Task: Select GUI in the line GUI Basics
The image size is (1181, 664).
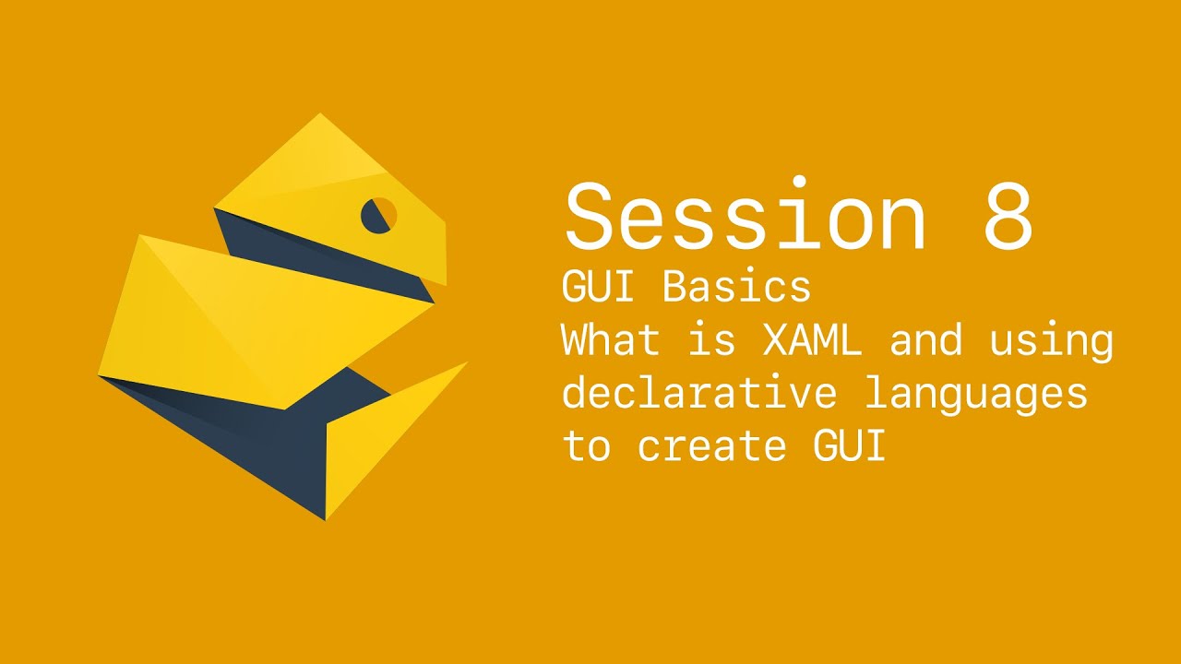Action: click(598, 288)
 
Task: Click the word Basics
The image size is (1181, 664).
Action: click(736, 288)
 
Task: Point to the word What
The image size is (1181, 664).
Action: click(611, 341)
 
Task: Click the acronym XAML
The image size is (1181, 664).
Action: click(812, 341)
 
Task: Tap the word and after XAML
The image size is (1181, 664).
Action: click(925, 341)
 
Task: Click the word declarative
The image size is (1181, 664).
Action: click(699, 394)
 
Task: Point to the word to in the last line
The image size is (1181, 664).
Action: click(586, 447)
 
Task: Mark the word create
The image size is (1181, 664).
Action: click(711, 447)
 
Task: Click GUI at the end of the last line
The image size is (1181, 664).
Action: click(849, 446)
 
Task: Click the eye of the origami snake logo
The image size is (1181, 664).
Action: click(379, 215)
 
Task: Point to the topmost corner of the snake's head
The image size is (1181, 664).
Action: click(321, 115)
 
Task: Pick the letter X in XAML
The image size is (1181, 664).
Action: click(776, 341)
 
